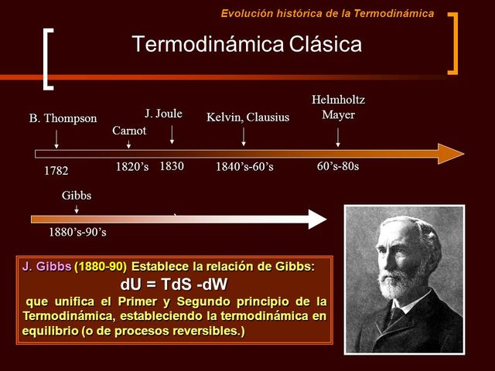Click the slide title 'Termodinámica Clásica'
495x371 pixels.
coord(247,44)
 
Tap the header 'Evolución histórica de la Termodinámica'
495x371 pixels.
coord(327,13)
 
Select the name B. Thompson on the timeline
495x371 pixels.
coord(63,118)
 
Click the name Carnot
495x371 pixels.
coord(129,130)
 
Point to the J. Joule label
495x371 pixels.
coord(163,114)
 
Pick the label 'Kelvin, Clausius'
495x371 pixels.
coord(247,117)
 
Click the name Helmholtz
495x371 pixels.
coord(338,100)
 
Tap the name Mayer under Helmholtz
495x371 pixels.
coord(338,115)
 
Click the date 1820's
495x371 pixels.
coord(132,166)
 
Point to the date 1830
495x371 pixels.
coord(171,165)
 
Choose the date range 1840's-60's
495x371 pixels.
coord(244,167)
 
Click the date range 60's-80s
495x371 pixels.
coord(338,166)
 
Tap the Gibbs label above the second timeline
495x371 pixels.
coord(77,196)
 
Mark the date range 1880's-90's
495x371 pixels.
coord(78,232)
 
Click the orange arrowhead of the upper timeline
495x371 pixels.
coord(450,153)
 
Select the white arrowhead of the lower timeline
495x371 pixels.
coord(317,219)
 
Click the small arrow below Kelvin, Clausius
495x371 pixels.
coord(244,137)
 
